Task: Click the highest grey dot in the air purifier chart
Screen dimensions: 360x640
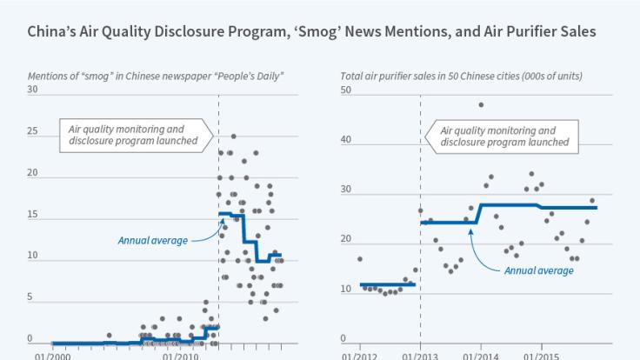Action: tap(481, 105)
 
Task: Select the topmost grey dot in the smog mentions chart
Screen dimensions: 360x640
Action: tap(232, 137)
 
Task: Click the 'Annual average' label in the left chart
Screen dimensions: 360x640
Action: tap(152, 240)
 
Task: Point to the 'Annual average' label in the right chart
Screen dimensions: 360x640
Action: tap(538, 270)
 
